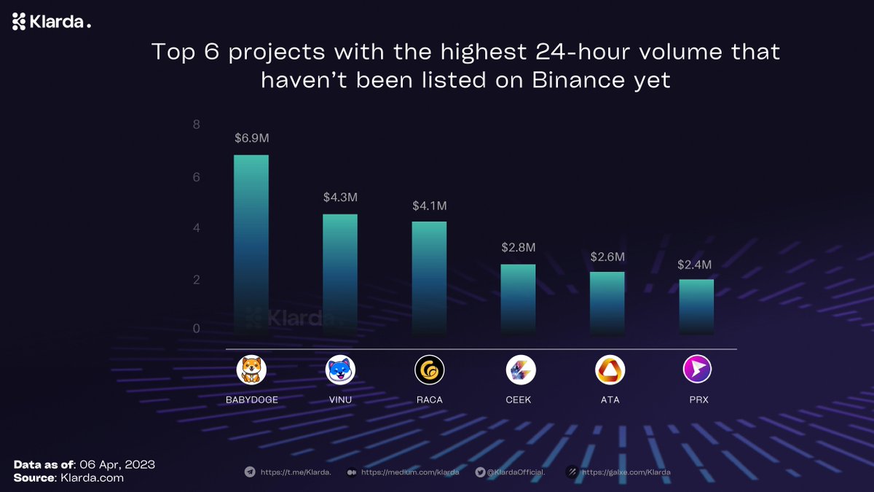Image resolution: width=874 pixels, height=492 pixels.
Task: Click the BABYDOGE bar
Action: pos(251,244)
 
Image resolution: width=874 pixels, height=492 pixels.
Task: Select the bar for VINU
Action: pos(340,274)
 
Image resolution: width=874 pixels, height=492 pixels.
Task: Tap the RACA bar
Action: pos(429,278)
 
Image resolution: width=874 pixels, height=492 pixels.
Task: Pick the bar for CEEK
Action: pos(518,299)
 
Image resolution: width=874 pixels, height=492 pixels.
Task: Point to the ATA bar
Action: pos(607,302)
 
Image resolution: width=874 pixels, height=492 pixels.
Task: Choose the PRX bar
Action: pos(696,306)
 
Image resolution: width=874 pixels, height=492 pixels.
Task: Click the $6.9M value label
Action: pos(251,138)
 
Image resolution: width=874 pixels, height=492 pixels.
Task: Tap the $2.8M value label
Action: pos(519,247)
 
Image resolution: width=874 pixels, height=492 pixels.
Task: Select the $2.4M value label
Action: pos(697,264)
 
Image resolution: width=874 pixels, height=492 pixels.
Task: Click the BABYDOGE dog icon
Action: pos(251,370)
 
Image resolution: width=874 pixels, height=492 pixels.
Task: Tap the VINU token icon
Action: pos(340,370)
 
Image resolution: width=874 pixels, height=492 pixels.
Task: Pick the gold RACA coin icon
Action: pos(429,370)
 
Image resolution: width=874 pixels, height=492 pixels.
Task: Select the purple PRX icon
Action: pos(697,370)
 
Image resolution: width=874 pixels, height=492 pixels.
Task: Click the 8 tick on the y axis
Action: pos(196,125)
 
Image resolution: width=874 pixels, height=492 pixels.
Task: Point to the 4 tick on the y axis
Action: pos(196,228)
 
